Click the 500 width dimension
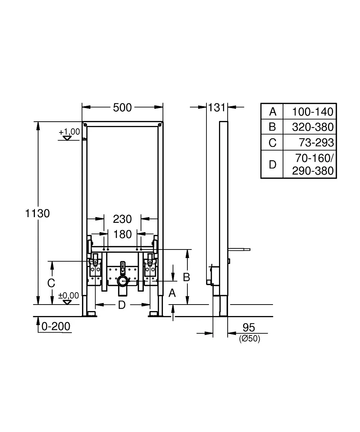122,108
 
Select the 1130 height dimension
37,213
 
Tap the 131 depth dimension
217,108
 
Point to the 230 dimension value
122,219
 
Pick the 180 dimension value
123,234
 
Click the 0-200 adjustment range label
56,327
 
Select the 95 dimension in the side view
249,328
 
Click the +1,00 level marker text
69,132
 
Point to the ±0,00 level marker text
68,296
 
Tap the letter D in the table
273,165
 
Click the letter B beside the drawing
186,277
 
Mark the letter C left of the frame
51,283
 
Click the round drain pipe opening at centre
123,281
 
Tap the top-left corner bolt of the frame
85,125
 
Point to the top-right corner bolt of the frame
160,125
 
